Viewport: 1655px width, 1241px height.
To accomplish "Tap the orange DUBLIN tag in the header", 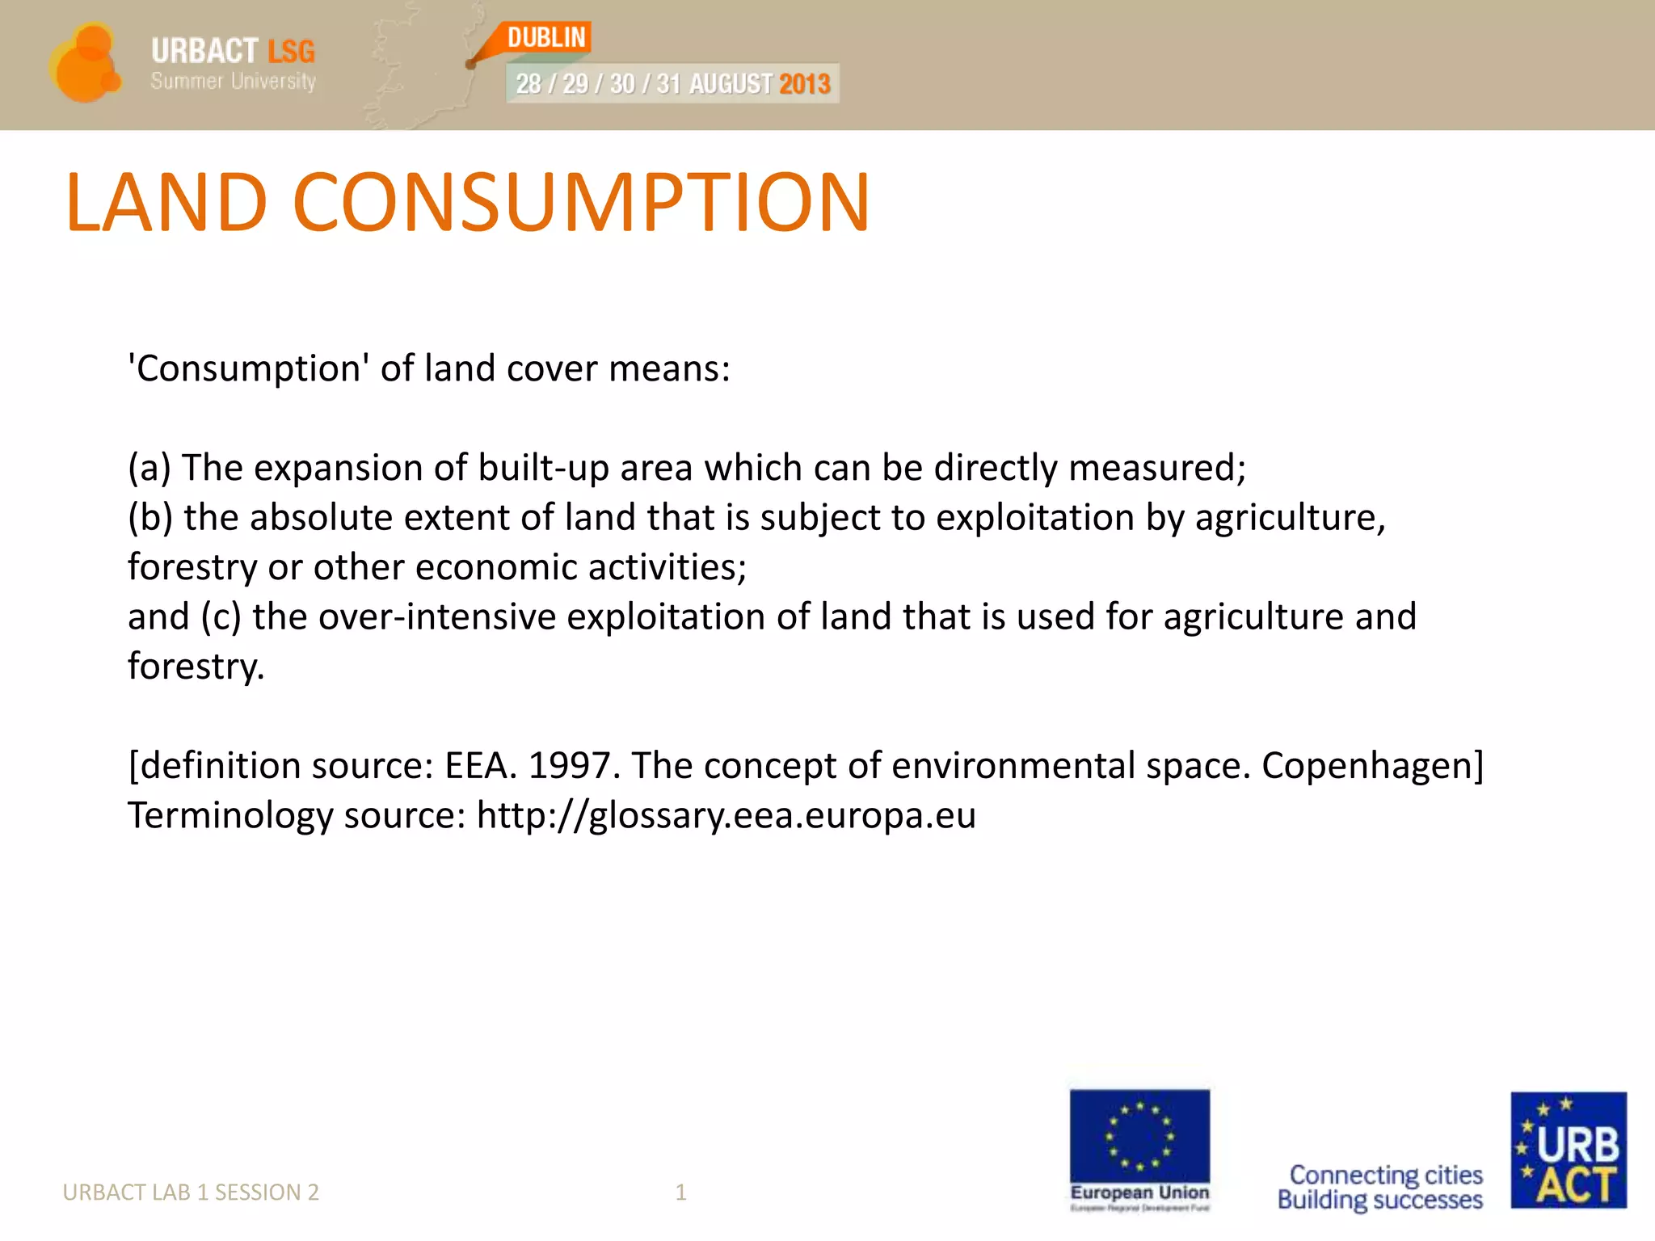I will [x=546, y=38].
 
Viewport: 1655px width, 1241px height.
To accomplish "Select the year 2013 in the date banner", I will [x=804, y=84].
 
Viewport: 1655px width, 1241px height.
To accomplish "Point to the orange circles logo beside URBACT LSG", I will [x=85, y=64].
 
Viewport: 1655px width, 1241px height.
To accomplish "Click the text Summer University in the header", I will [x=233, y=82].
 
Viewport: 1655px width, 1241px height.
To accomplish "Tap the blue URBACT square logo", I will [x=1569, y=1150].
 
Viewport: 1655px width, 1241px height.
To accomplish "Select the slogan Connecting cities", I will [x=1386, y=1174].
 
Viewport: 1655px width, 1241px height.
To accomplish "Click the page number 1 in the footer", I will [x=680, y=1192].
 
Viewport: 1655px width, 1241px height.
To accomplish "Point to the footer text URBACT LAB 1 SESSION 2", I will [x=191, y=1192].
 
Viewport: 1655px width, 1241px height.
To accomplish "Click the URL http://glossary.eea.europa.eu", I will [x=726, y=815].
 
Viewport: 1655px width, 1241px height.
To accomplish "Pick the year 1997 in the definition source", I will [x=574, y=765].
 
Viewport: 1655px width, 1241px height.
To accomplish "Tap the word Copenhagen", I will [x=1372, y=765].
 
